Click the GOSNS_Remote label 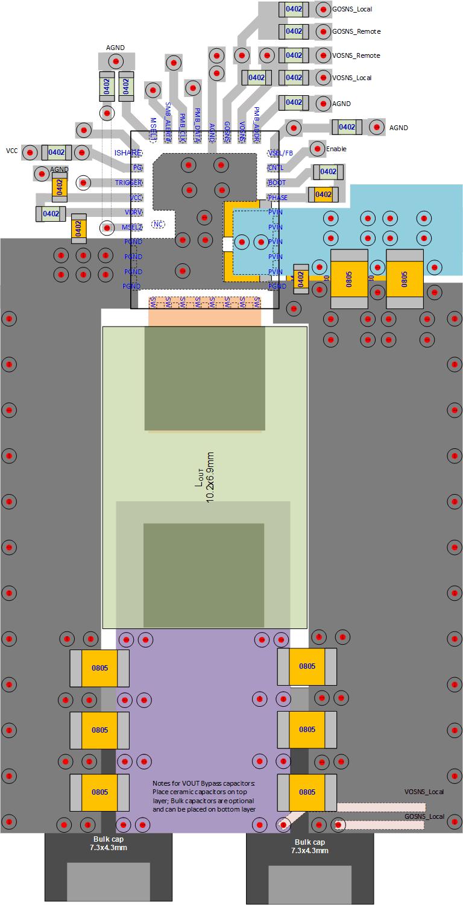coord(356,31)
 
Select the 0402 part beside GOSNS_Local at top coord(294,9)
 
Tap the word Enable coord(336,149)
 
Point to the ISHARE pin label coord(128,153)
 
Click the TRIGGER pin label coord(128,183)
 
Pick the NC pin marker coord(159,224)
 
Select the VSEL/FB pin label coord(281,153)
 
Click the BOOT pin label coord(277,183)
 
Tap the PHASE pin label coord(278,198)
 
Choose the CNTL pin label coord(276,168)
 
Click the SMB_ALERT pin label coord(168,116)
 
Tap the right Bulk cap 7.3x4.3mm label coord(310,847)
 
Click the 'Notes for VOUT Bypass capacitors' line coord(204,783)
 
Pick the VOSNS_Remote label coord(356,55)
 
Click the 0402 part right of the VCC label coord(57,152)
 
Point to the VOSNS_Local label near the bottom coord(424,792)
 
